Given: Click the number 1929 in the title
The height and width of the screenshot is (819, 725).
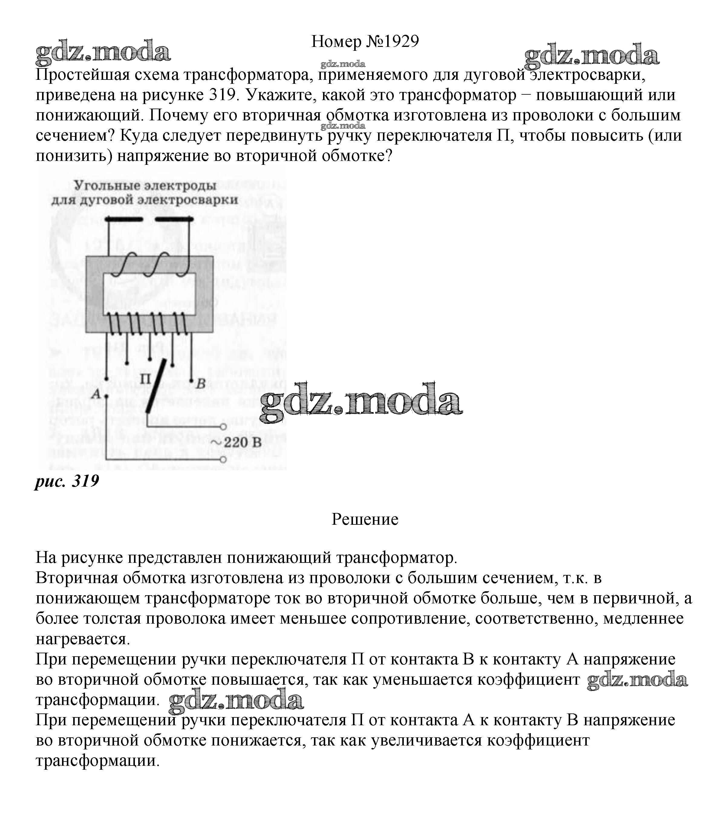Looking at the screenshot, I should click(x=401, y=41).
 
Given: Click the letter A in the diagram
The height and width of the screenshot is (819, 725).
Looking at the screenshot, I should click(x=96, y=394).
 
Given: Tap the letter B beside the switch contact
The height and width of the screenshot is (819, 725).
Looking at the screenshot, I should click(x=201, y=383).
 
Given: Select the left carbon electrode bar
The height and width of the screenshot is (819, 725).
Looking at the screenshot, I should click(x=123, y=219).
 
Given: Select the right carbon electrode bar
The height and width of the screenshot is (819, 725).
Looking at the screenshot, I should click(x=174, y=219).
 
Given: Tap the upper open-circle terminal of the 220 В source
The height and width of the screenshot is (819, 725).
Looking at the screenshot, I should click(x=223, y=427).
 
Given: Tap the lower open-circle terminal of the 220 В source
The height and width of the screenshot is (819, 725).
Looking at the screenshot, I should click(x=223, y=459).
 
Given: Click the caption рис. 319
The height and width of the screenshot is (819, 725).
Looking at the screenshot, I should click(x=67, y=481).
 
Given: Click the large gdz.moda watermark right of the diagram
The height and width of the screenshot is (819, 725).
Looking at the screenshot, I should click(x=361, y=403).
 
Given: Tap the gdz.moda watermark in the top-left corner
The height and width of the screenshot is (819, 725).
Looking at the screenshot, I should click(x=103, y=52).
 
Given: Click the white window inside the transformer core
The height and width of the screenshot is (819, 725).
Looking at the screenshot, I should click(x=149, y=294).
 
